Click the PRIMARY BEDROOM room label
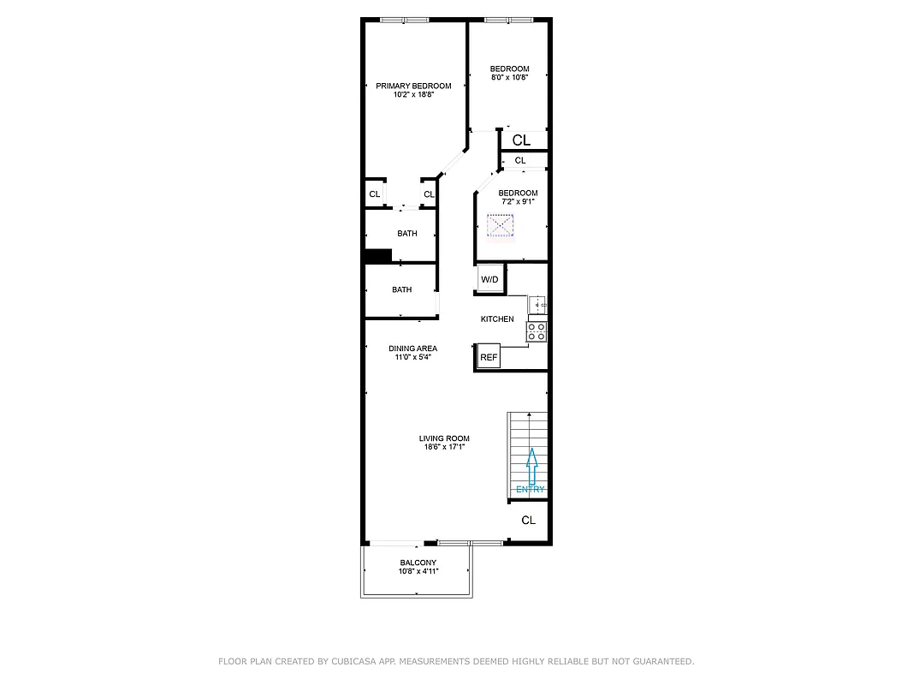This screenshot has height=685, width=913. click(x=413, y=86)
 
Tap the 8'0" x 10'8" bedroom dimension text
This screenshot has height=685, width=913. click(x=509, y=77)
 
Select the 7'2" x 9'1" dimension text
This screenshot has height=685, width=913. click(x=518, y=202)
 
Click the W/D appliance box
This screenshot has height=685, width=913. click(x=489, y=280)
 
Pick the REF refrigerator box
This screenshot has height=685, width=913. click(x=489, y=357)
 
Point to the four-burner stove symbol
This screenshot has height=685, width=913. click(x=537, y=331)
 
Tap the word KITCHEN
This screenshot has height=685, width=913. click(x=497, y=319)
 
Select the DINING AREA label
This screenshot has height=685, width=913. click(x=412, y=348)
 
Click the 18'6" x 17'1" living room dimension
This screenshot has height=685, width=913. click(x=444, y=447)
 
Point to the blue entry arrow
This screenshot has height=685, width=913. click(x=531, y=467)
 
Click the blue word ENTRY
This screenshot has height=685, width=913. click(x=531, y=490)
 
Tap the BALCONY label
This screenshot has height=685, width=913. click(x=418, y=563)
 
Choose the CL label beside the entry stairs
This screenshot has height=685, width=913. click(x=528, y=521)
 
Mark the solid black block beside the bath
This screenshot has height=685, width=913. click(x=378, y=255)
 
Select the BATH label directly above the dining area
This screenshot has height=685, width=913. click(x=401, y=290)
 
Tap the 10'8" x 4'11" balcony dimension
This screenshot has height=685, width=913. click(x=418, y=571)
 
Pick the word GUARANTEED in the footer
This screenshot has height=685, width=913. click(x=663, y=662)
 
